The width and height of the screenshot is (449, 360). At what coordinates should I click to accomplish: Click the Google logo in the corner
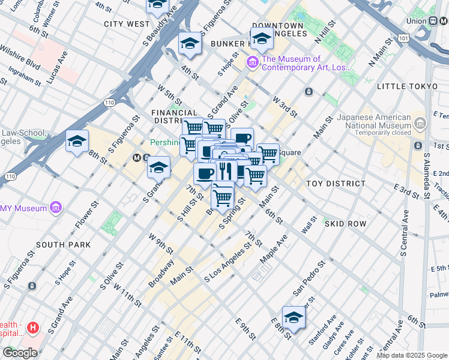tap(19, 353)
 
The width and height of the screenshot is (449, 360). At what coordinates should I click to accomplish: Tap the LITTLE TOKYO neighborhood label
tap(408, 87)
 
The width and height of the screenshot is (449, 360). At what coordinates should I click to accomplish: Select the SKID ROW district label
tap(345, 223)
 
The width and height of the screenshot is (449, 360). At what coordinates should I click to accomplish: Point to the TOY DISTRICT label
tap(336, 184)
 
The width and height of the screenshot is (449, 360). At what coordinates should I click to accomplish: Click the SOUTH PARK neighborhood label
tap(64, 245)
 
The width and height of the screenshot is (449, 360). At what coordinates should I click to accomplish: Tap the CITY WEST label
tap(127, 24)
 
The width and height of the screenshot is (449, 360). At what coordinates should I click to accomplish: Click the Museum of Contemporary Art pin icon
tap(252, 62)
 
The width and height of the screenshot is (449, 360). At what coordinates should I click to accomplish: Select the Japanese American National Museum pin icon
tap(420, 125)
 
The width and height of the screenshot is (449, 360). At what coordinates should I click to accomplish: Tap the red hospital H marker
tap(33, 328)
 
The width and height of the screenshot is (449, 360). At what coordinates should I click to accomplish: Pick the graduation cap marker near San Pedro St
tap(294, 316)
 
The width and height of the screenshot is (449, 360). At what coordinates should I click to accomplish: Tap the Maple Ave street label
tap(274, 248)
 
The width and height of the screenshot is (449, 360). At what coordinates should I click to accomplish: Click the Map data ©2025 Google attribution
tap(412, 355)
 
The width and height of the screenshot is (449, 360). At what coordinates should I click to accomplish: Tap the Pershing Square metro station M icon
tap(137, 158)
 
